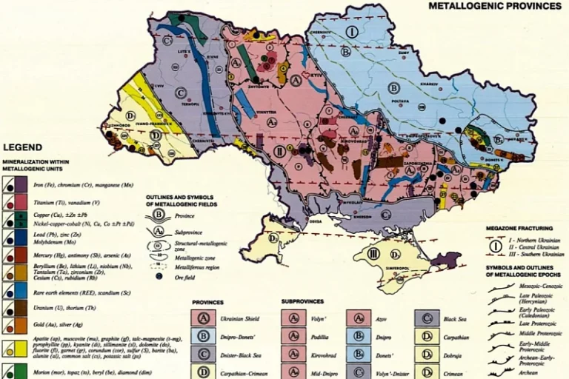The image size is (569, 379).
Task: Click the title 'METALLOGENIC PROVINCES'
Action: (495, 6)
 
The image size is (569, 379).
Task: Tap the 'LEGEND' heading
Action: (23, 147)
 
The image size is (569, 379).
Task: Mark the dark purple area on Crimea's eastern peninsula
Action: (445, 260)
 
